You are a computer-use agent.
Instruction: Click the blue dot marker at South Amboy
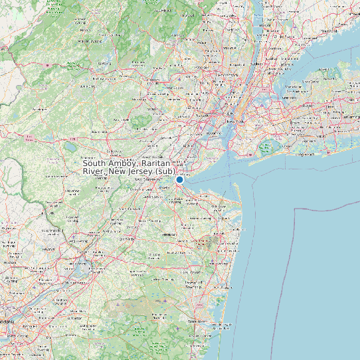pyautogui.click(x=179, y=179)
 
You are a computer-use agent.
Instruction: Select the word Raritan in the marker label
pyautogui.click(x=161, y=163)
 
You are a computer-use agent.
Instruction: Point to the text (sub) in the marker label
pyautogui.click(x=166, y=171)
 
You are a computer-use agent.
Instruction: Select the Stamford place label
pyautogui.click(x=328, y=31)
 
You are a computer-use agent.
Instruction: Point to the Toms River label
pyautogui.click(x=199, y=319)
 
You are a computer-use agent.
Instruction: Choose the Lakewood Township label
pyautogui.click(x=193, y=283)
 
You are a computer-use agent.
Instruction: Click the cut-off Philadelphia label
pyautogui.click(x=5, y=322)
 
